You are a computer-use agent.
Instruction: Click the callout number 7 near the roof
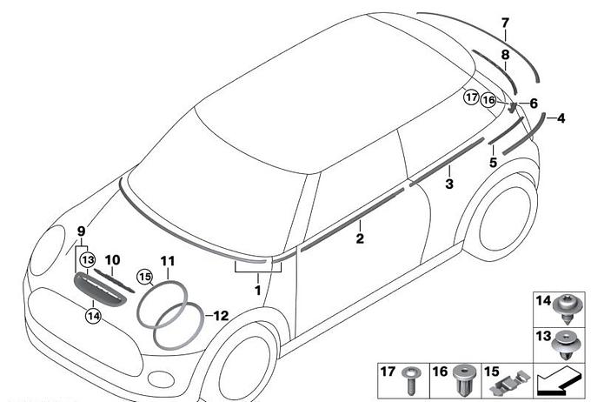(x=505, y=22)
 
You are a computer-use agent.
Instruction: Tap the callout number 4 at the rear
(x=561, y=117)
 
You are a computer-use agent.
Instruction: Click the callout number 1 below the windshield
(x=258, y=288)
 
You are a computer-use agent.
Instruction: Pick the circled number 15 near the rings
(x=144, y=277)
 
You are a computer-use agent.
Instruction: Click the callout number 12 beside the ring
(x=221, y=315)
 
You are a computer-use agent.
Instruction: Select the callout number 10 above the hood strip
(x=112, y=259)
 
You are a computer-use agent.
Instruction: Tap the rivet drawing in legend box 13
(x=566, y=347)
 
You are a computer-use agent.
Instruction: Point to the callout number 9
(x=81, y=231)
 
